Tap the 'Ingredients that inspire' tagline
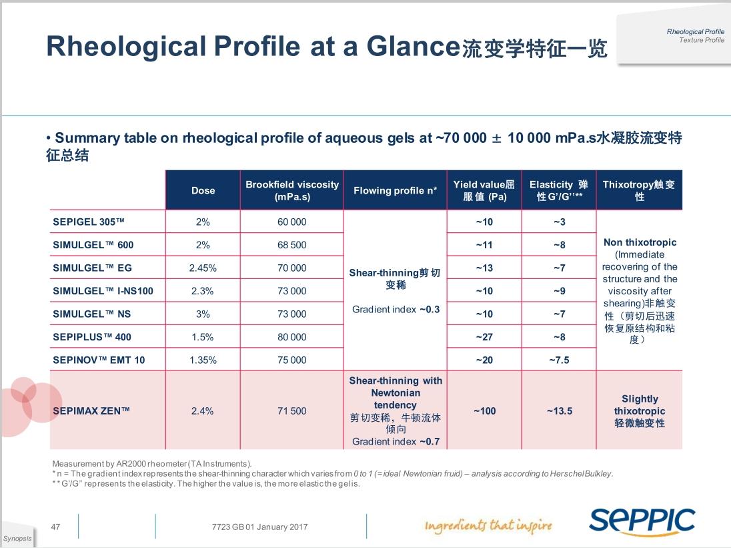point(488,526)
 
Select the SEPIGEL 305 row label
point(89,222)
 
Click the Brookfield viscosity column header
point(292,190)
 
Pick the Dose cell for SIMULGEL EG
point(203,268)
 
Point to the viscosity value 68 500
point(292,245)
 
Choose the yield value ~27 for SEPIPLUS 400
point(484,337)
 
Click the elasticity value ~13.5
point(559,411)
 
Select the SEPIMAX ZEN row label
point(91,411)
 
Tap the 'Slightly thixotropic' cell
point(639,410)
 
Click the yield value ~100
point(484,411)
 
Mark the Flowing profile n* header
point(395,190)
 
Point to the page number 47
point(56,527)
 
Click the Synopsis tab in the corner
point(17,539)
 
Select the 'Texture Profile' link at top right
point(701,40)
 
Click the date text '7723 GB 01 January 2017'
point(259,527)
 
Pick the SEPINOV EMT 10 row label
point(99,360)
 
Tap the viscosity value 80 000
point(292,337)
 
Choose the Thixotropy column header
point(639,190)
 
